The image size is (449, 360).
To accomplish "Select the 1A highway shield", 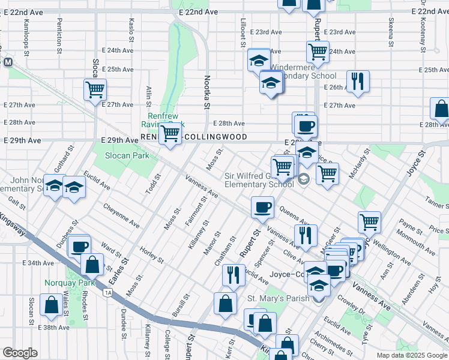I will pyautogui.click(x=107, y=292).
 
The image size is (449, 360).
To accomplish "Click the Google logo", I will pyautogui.click(x=20, y=353).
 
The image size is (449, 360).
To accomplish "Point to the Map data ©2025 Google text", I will pyautogui.click(x=411, y=355).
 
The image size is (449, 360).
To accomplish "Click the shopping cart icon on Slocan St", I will pyautogui.click(x=95, y=90).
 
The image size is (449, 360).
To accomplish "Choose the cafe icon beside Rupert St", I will pyautogui.click(x=262, y=208).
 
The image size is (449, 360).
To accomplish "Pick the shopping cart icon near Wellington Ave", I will pyautogui.click(x=369, y=222).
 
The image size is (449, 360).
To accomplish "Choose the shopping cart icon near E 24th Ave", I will pyautogui.click(x=317, y=51).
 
